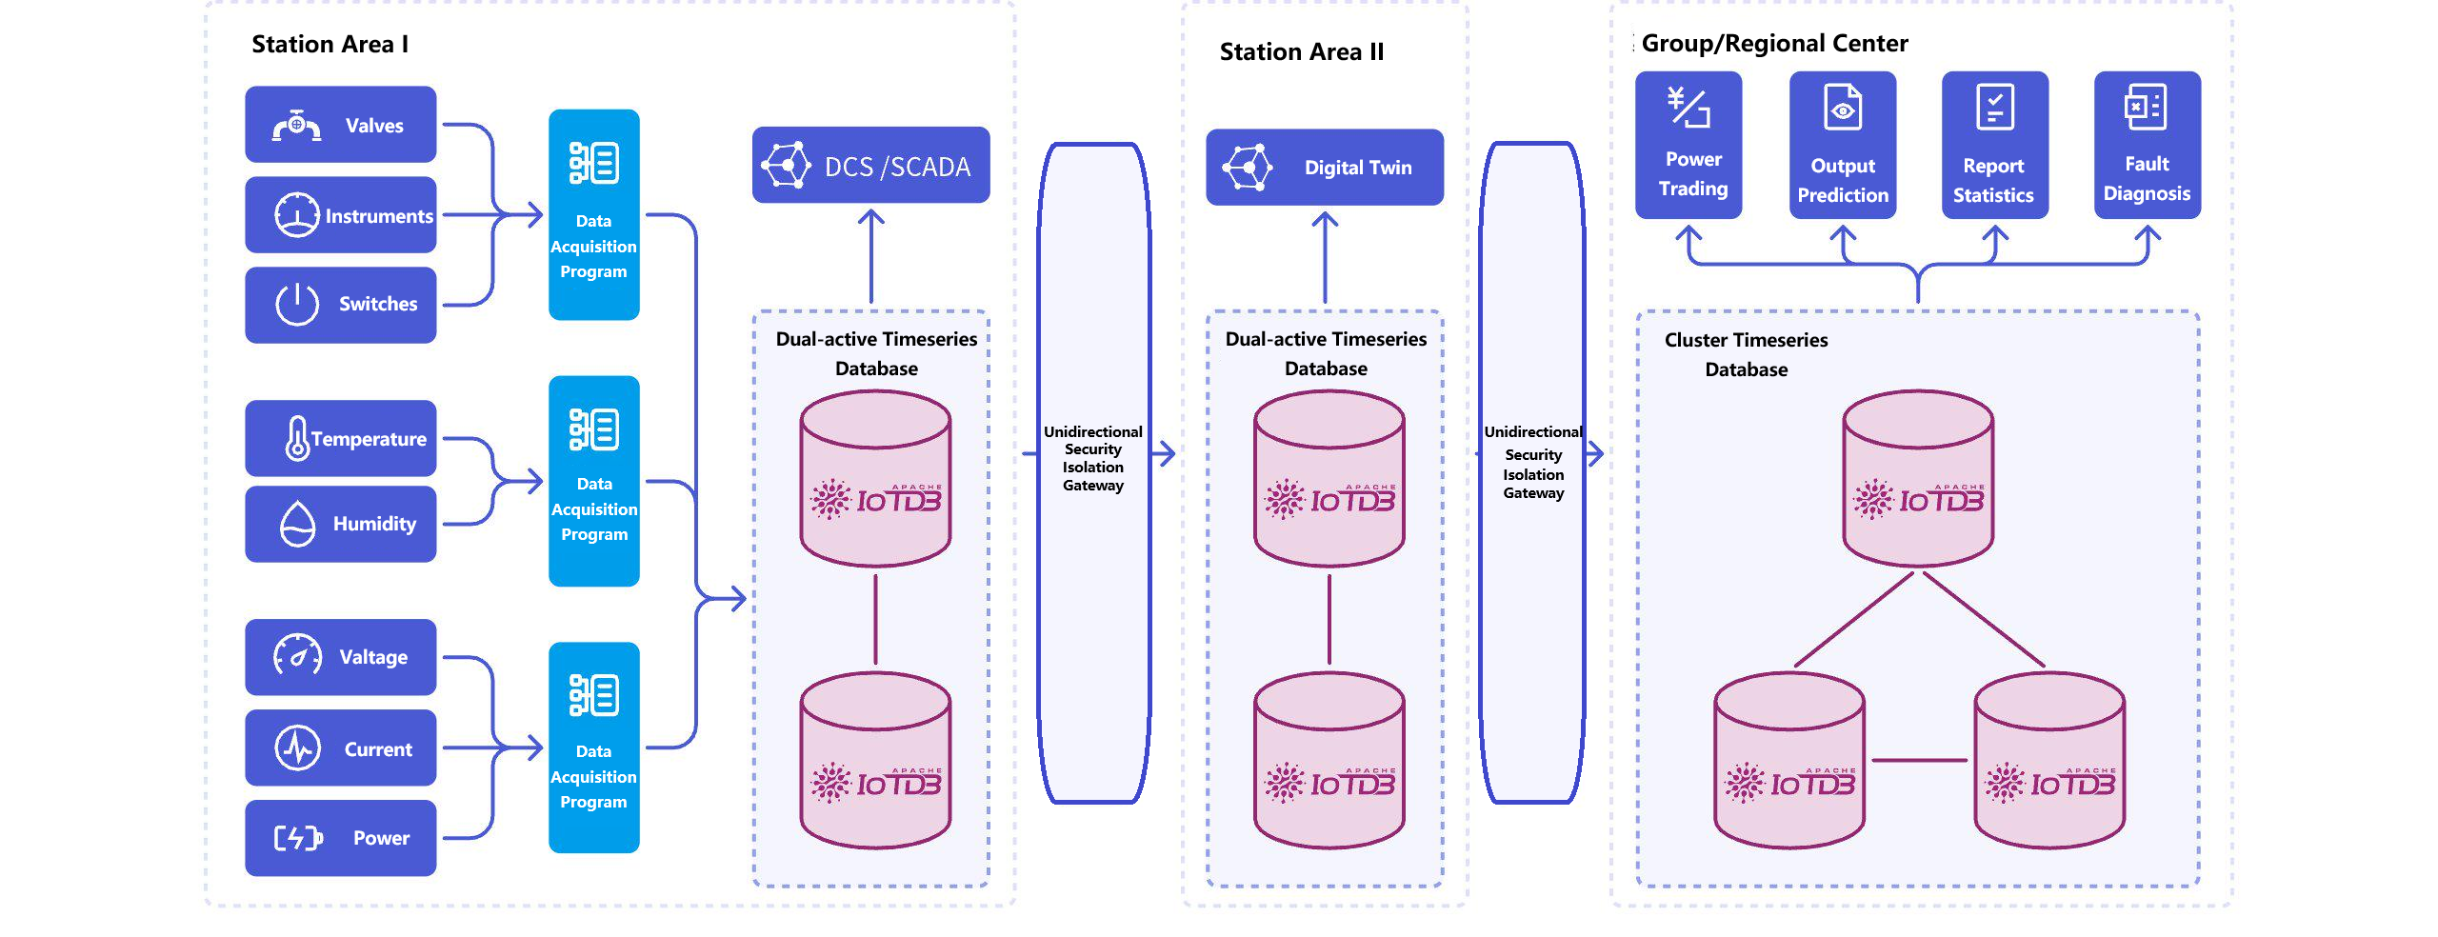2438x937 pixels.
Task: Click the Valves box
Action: click(x=341, y=125)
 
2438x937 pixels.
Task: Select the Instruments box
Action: click(x=341, y=215)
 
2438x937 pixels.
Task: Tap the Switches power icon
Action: click(x=297, y=304)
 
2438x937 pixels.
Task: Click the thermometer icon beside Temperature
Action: click(x=297, y=438)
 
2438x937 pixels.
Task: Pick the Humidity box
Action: click(x=341, y=524)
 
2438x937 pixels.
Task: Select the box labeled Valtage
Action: click(x=341, y=657)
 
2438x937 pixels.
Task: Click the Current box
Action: click(x=341, y=748)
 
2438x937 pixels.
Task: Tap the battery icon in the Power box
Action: click(x=298, y=838)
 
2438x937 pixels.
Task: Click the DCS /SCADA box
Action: click(x=870, y=165)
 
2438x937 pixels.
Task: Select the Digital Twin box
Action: click(x=1325, y=167)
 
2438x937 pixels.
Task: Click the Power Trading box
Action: click(x=1689, y=145)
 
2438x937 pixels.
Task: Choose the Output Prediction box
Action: click(x=1843, y=145)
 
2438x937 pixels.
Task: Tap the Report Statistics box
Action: click(x=1995, y=145)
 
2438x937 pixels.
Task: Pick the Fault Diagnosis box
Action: click(x=2148, y=145)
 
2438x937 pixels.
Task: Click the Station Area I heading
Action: click(x=330, y=45)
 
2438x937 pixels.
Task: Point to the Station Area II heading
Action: click(x=1302, y=51)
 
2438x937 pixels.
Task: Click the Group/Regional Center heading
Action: click(x=1775, y=44)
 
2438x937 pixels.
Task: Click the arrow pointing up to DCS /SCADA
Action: click(x=871, y=256)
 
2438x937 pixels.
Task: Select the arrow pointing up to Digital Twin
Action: click(x=1325, y=257)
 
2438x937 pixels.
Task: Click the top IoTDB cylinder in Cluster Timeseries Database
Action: click(x=1918, y=478)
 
